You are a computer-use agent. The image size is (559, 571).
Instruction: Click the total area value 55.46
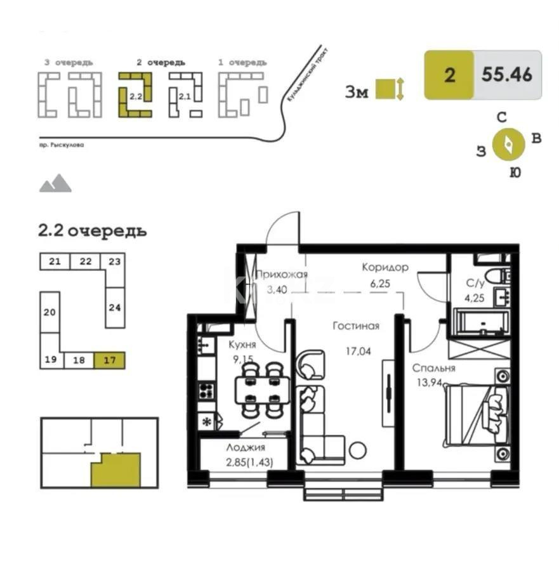(x=506, y=75)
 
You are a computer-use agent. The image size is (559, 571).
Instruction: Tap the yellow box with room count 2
(x=449, y=75)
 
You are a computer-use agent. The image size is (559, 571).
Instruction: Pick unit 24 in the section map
(x=115, y=308)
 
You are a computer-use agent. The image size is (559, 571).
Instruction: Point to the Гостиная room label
(x=356, y=326)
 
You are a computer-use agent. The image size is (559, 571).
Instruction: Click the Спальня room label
(x=433, y=368)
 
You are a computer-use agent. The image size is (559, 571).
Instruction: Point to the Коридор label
(x=385, y=267)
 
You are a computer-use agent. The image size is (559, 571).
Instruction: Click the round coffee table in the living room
(x=358, y=450)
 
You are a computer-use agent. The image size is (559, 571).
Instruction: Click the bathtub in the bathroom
(x=480, y=322)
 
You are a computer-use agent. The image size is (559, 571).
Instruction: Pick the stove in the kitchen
(x=206, y=389)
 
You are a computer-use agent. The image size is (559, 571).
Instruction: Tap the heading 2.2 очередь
(x=93, y=230)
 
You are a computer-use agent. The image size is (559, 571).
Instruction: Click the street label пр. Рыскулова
(x=61, y=145)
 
